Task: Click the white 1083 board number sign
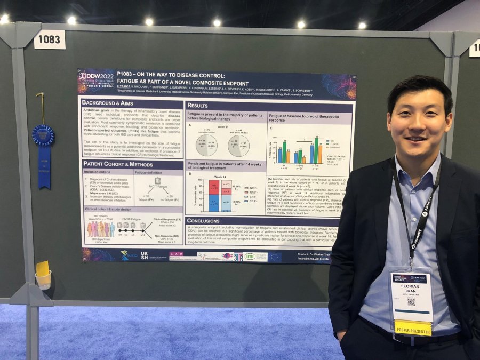50,39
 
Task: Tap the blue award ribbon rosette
43,135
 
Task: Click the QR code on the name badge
411,301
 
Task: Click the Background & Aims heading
108,102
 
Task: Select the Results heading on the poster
198,105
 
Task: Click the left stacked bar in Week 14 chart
213,196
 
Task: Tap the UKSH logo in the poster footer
144,255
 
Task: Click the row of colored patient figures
101,229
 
